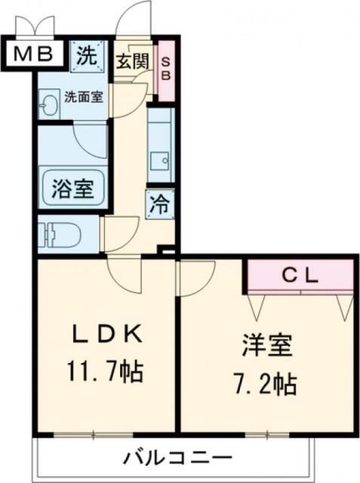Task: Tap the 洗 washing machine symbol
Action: coord(88,55)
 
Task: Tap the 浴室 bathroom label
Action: coord(72,188)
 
